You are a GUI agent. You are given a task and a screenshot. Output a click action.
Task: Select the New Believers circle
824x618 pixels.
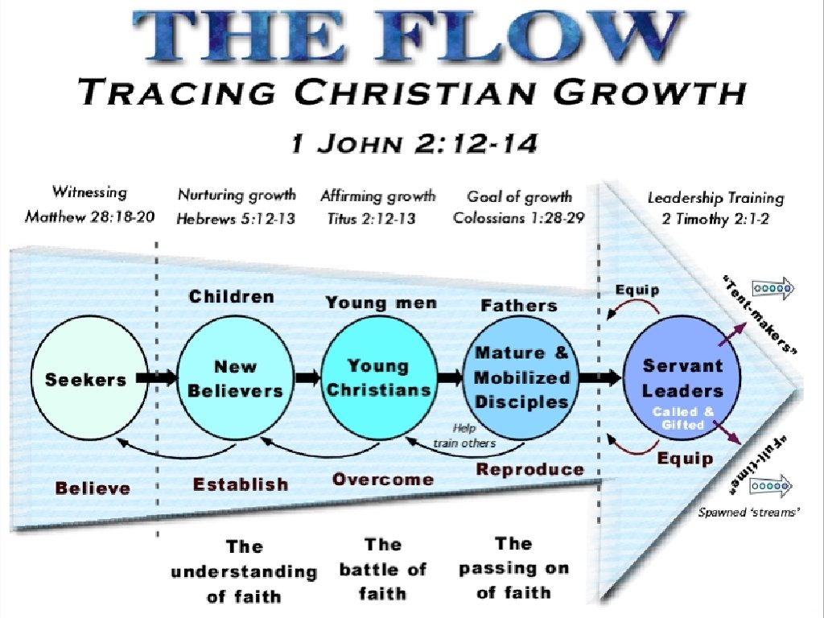(x=235, y=378)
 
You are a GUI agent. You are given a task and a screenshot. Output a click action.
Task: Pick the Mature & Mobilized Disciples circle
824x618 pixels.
(x=521, y=377)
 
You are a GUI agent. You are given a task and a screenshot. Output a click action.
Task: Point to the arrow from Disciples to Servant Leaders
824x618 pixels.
(x=598, y=377)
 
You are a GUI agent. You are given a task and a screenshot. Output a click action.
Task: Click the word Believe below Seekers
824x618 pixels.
(x=93, y=488)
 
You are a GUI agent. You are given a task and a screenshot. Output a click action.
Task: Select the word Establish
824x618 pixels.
(x=240, y=484)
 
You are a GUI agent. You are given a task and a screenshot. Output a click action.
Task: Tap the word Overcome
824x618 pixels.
(x=383, y=480)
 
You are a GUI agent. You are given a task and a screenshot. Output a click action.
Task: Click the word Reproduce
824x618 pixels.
(x=529, y=469)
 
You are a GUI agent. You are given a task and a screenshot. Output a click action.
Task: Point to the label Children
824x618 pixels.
(x=232, y=297)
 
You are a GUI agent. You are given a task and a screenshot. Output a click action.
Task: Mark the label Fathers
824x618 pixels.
(x=519, y=306)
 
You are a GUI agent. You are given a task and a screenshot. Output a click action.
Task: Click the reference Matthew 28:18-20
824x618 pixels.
(x=89, y=217)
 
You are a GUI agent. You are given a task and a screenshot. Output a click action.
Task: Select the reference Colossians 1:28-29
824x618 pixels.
(x=519, y=218)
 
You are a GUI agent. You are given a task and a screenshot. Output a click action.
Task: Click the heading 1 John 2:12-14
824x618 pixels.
(x=414, y=146)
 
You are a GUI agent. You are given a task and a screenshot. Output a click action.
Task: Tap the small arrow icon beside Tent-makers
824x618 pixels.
(x=772, y=286)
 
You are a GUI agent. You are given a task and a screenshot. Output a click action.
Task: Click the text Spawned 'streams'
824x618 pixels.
(x=748, y=512)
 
